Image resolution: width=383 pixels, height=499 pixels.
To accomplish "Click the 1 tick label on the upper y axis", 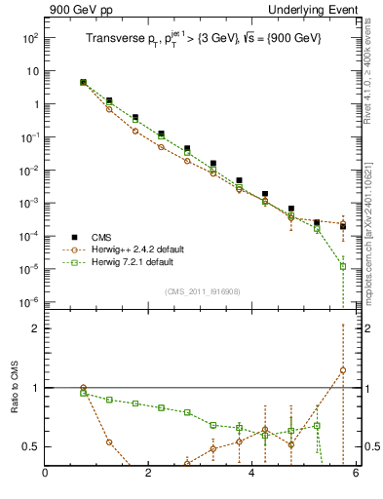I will point(33,104).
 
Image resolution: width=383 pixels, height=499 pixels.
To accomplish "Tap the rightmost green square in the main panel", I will point(343,266).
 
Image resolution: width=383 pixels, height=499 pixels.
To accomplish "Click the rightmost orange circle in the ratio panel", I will point(343,370).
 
